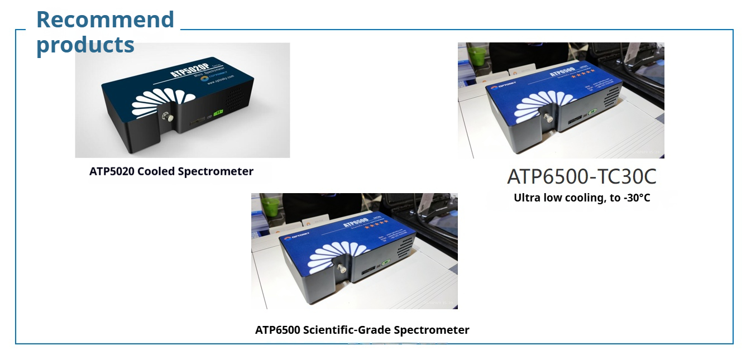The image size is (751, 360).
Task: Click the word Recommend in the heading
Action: [105, 20]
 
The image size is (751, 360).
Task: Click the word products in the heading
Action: [85, 45]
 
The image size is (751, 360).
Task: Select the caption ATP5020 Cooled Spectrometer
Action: [171, 171]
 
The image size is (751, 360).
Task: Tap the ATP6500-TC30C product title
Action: [581, 176]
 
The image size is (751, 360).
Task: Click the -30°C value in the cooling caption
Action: [637, 198]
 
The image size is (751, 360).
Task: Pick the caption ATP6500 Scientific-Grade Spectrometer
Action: [362, 330]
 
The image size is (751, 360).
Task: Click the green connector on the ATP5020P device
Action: [219, 113]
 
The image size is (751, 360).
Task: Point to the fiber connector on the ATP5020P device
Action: [165, 117]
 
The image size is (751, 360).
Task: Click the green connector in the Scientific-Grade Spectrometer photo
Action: [385, 262]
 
